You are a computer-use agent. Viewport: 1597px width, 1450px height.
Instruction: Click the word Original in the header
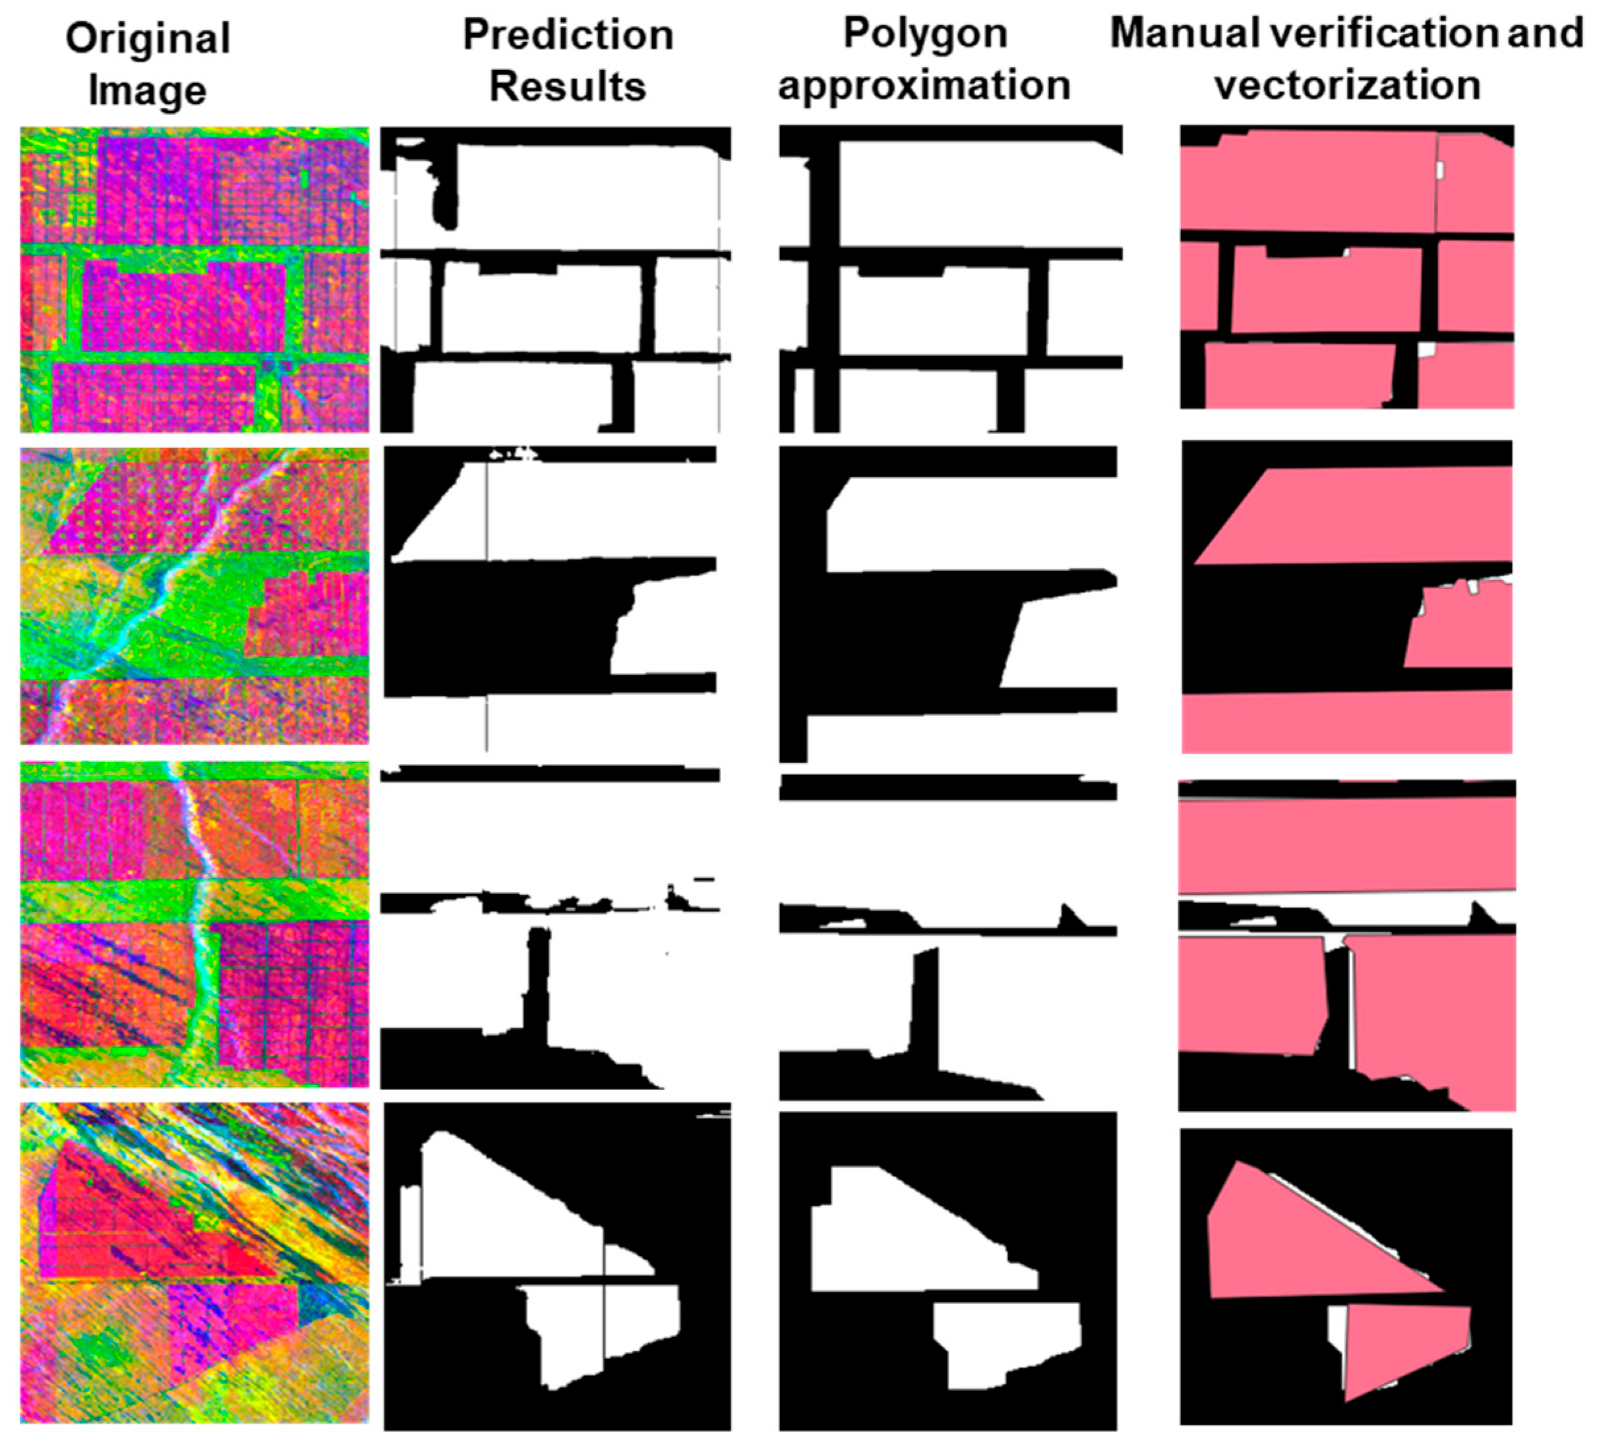pyautogui.click(x=148, y=40)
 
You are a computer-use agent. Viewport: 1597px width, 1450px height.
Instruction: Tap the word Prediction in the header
pyautogui.click(x=568, y=36)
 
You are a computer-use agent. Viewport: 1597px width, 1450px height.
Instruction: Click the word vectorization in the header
pyautogui.click(x=1346, y=86)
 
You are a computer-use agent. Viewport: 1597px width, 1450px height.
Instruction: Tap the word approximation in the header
pyautogui.click(x=924, y=86)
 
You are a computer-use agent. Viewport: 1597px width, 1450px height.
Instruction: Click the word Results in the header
pyautogui.click(x=568, y=87)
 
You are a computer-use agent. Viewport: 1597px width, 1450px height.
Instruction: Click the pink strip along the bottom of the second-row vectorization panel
pyautogui.click(x=1346, y=720)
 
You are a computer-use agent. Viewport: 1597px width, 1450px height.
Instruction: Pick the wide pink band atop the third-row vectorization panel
pyautogui.click(x=1346, y=844)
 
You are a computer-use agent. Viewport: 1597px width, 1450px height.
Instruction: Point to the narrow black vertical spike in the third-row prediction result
pyautogui.click(x=536, y=982)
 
